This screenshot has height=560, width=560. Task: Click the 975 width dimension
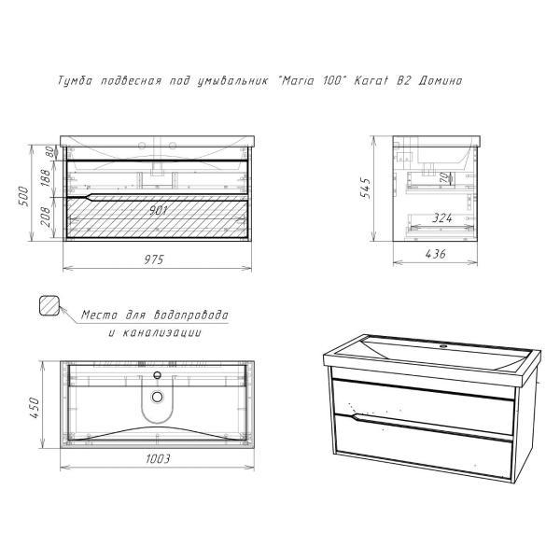pos(154,259)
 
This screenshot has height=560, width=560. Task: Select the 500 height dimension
pos(22,197)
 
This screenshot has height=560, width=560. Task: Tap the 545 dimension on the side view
pos(365,188)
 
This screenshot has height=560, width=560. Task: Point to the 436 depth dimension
pos(436,254)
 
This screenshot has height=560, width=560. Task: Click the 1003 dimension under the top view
pos(158,458)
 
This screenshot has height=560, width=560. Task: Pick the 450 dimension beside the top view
pos(35,408)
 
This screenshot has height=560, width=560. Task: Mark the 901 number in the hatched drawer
pos(159,210)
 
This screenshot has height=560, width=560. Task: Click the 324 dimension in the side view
pos(442,217)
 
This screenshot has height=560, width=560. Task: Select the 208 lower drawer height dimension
pos(46,217)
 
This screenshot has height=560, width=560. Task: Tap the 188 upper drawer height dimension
pos(46,177)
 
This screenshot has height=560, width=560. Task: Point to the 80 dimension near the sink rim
pos(51,152)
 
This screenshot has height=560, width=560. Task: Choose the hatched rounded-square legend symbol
pos(49,305)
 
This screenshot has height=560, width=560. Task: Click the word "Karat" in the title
pos(371,80)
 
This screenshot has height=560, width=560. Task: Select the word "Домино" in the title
pos(440,80)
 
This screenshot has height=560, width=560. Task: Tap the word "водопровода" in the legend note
pos(190,315)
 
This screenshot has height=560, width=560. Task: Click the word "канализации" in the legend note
pos(161,332)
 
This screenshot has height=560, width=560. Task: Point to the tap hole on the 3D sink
pos(443,345)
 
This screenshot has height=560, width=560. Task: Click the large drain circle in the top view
pos(157,397)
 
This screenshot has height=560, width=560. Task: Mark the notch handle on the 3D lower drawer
pos(355,417)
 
